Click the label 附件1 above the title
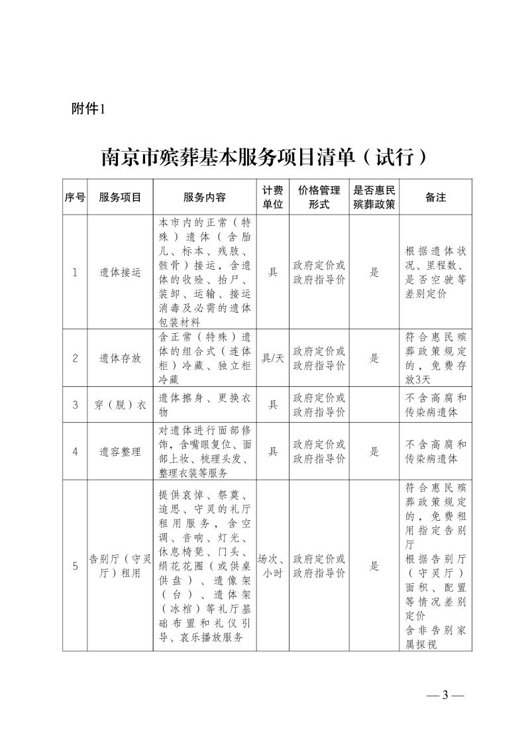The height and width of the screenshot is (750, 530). click(88, 110)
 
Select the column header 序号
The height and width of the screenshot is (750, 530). click(75, 197)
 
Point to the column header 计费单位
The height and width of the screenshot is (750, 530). click(272, 197)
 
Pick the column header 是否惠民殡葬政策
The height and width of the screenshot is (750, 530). click(374, 197)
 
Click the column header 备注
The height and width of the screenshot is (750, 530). click(435, 197)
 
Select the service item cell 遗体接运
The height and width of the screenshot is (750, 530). click(120, 272)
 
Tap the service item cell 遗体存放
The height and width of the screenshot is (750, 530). click(120, 358)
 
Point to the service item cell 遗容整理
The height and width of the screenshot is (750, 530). click(120, 451)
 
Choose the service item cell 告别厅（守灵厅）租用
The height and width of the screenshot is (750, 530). click(120, 566)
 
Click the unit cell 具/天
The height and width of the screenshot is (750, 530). click(272, 358)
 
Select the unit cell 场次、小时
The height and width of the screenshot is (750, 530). click(272, 566)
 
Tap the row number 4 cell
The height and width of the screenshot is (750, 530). click(75, 451)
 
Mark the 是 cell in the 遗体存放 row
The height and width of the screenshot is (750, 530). click(374, 358)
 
